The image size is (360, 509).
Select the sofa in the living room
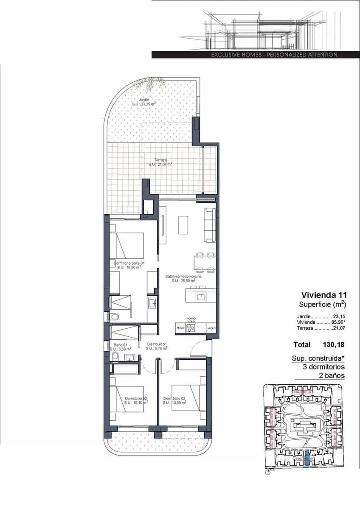point(210,225)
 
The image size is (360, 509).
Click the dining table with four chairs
point(205,263)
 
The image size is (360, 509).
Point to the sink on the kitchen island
point(201,296)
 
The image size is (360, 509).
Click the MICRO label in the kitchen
point(211,328)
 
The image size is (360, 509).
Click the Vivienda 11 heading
point(324,295)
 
